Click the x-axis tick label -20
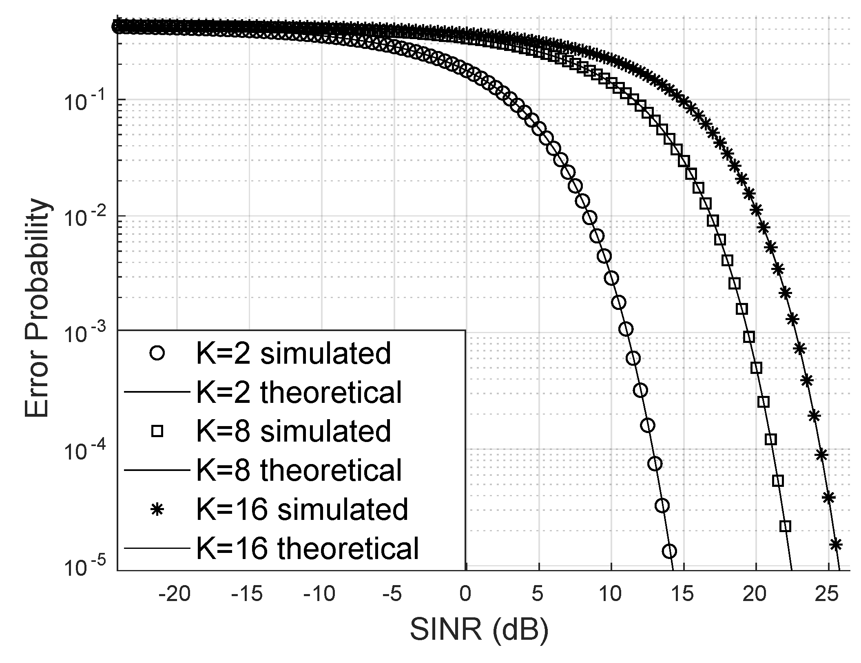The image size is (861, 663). (x=175, y=595)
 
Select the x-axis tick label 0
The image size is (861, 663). (x=465, y=595)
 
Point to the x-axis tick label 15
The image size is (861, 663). (x=683, y=595)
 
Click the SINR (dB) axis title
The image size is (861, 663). (x=479, y=630)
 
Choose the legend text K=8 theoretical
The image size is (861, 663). (x=299, y=470)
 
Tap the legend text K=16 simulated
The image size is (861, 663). (x=302, y=509)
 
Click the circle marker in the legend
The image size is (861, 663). (x=157, y=353)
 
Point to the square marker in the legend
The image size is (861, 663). (x=157, y=431)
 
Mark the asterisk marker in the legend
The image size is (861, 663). (x=157, y=509)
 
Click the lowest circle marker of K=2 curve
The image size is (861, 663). (x=669, y=551)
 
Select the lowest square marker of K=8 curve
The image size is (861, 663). (x=785, y=526)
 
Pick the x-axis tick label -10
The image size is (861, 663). (x=320, y=595)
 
